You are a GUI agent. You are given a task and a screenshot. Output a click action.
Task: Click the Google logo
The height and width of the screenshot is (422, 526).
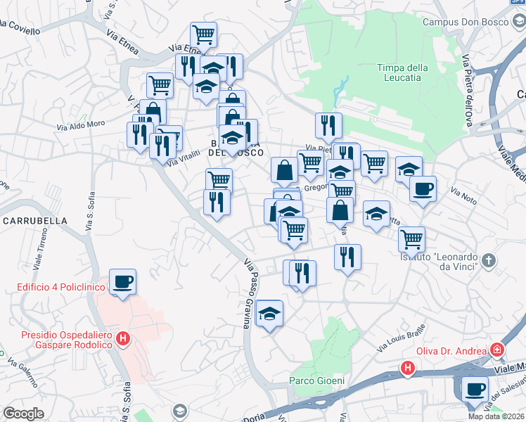coord(23,414)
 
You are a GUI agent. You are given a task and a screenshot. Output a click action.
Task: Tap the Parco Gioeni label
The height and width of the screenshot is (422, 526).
coord(317,381)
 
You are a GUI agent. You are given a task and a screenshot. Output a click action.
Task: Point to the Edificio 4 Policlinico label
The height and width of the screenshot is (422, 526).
coord(61,287)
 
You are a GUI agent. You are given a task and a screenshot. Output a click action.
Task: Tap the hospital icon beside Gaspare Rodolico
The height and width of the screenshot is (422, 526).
coord(124,340)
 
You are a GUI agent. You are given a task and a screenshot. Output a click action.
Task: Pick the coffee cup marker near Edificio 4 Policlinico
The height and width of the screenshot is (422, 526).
coord(122,283)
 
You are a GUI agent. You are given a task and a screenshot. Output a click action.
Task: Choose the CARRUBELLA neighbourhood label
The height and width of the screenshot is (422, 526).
coord(34,220)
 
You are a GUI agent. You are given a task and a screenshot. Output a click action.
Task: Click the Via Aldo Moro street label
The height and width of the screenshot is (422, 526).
coord(81,124)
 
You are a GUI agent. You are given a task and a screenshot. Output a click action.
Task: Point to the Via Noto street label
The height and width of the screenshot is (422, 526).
coord(463,196)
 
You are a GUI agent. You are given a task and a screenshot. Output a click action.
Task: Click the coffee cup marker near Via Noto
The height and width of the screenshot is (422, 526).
coord(423,189)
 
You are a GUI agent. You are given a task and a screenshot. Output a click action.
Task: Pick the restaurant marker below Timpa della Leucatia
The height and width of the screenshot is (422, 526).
coord(328,126)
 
